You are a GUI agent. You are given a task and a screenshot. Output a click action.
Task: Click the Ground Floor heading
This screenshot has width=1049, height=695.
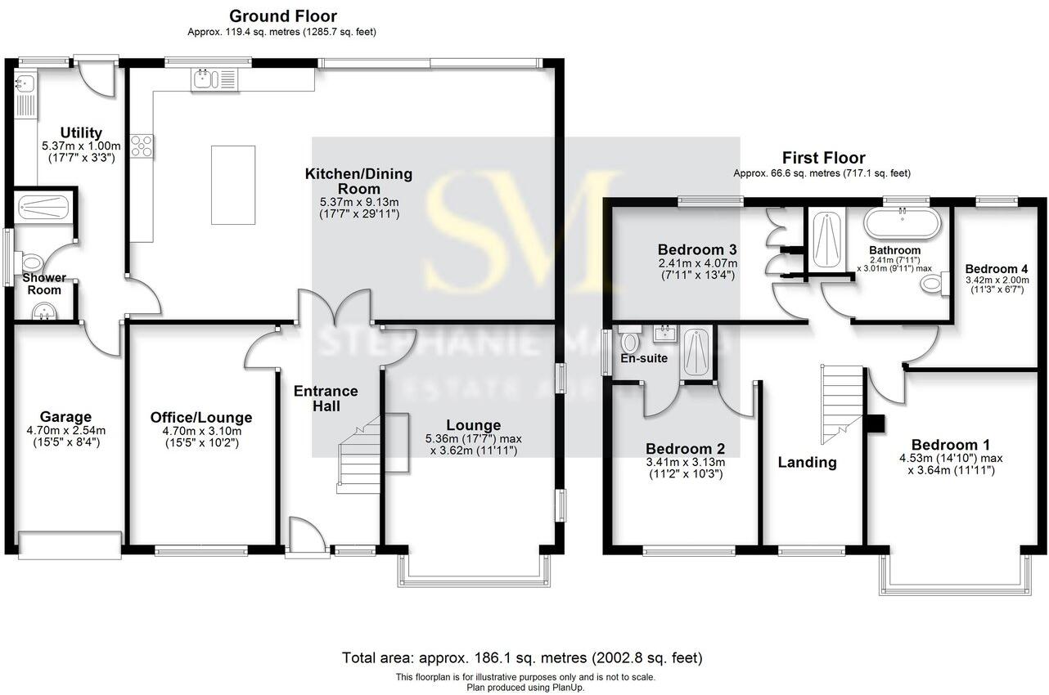282,16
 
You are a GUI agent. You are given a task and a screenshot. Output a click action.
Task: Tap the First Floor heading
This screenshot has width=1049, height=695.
823,158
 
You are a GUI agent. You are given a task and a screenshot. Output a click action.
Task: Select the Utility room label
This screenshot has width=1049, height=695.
82,132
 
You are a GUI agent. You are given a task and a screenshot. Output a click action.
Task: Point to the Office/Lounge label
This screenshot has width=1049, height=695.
201,418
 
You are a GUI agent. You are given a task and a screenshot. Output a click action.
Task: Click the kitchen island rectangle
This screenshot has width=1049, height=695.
232,185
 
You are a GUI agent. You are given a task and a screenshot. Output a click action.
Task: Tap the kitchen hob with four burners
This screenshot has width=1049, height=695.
141,146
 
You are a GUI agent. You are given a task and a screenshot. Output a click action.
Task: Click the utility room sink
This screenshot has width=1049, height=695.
25,83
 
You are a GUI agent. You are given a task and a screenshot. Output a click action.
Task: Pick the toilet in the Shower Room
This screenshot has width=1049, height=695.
30,263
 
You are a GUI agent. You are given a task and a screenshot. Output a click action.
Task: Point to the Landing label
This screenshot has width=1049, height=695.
807,462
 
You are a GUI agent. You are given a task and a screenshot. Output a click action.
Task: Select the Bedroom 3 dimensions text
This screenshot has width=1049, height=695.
698,269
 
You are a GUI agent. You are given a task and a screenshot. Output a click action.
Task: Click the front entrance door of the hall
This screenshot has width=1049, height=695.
308,540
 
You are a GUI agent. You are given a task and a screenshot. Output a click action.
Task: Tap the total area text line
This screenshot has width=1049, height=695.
521,657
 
